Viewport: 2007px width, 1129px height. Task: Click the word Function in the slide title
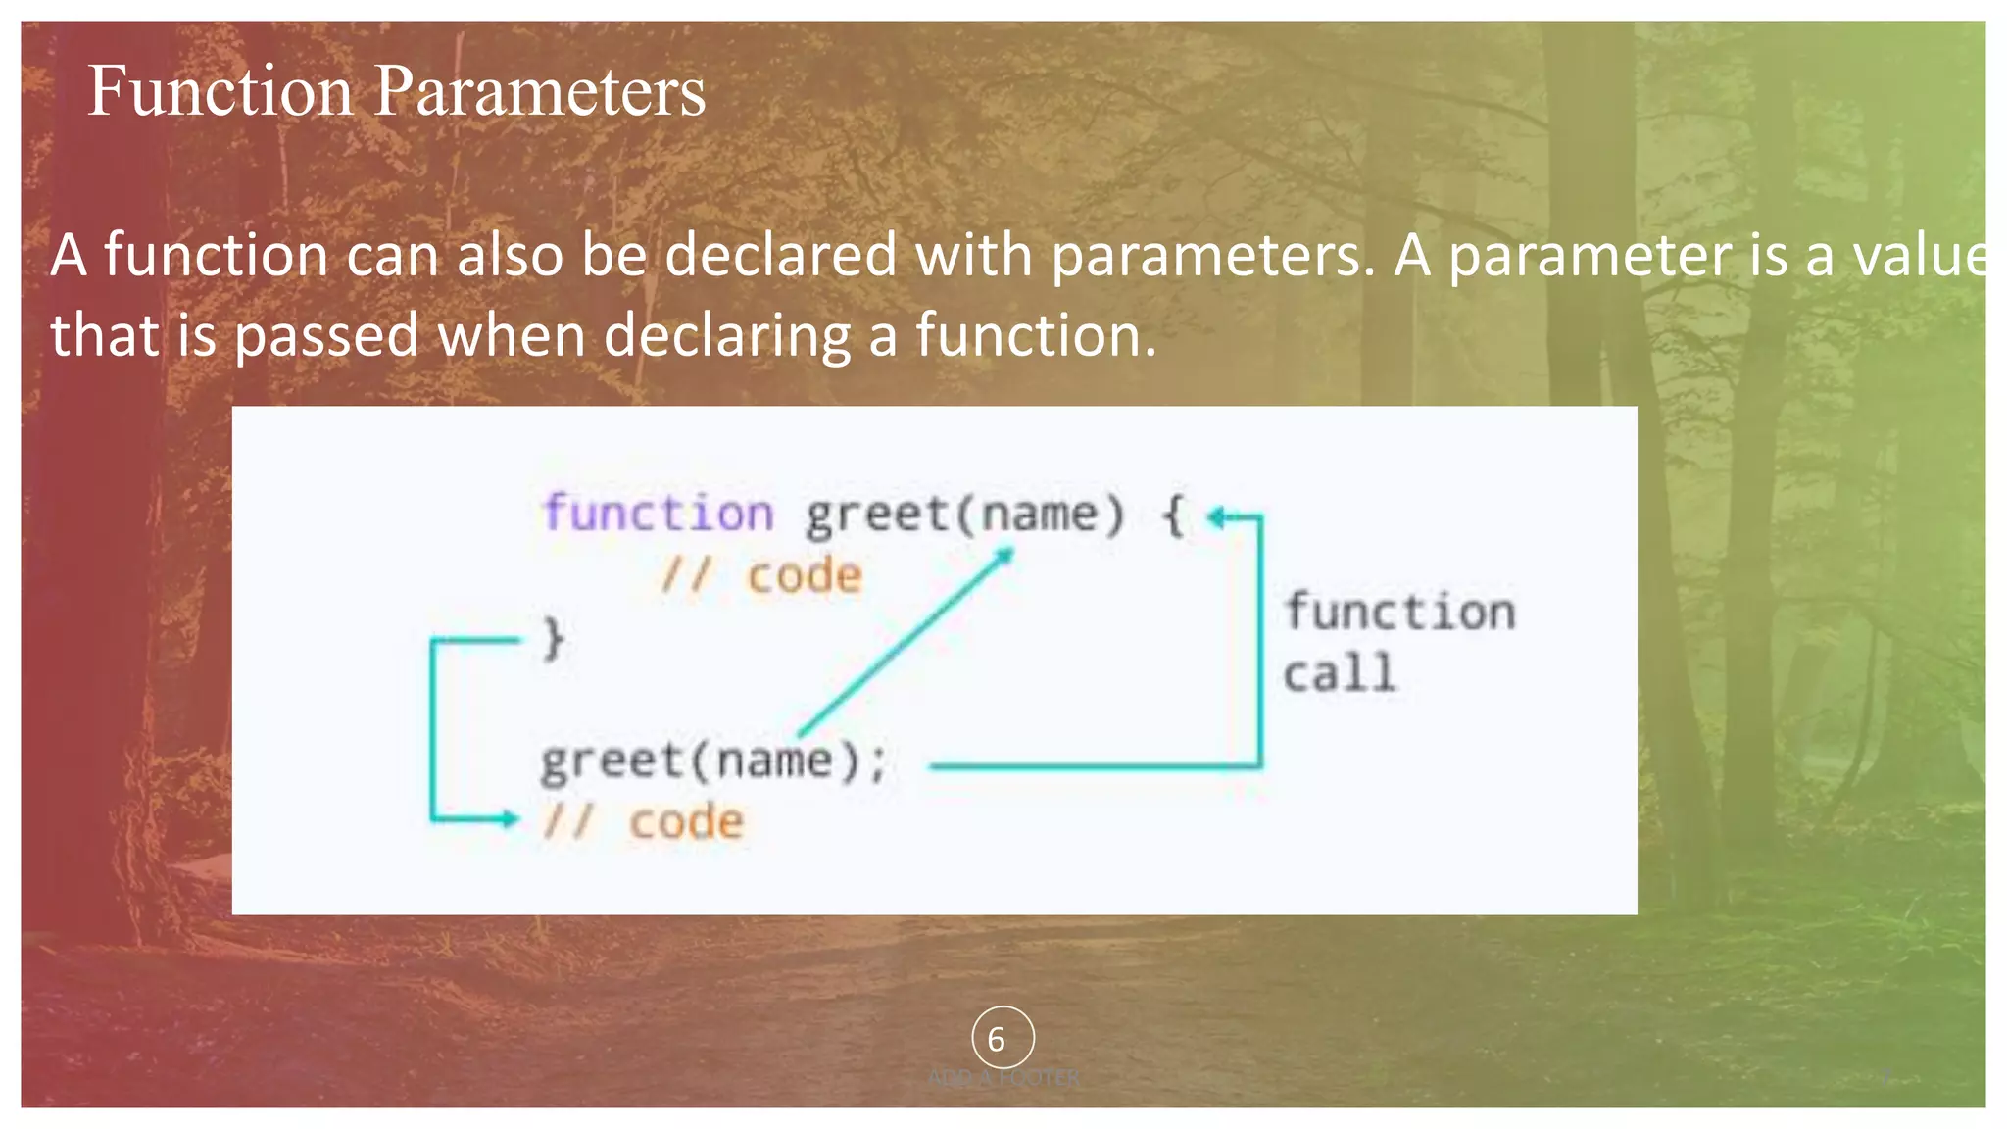[x=220, y=91]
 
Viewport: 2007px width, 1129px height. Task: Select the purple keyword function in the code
[x=658, y=514]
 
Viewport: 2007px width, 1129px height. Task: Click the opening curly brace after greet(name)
[x=1173, y=515]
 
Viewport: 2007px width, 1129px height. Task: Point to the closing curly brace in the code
[x=554, y=639]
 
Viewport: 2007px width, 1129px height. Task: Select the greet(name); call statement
[x=713, y=761]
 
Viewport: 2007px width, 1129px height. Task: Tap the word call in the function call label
[x=1339, y=674]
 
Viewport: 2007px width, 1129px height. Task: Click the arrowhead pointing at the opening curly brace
[x=1215, y=516]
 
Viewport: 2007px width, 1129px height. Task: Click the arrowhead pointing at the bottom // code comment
[x=509, y=818]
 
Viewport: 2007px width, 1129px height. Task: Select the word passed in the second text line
[x=326, y=336]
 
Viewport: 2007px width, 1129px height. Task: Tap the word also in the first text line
[x=511, y=255]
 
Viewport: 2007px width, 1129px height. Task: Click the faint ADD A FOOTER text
[x=1003, y=1078]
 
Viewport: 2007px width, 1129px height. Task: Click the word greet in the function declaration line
[x=877, y=515]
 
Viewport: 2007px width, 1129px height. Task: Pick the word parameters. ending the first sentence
[x=1213, y=257]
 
